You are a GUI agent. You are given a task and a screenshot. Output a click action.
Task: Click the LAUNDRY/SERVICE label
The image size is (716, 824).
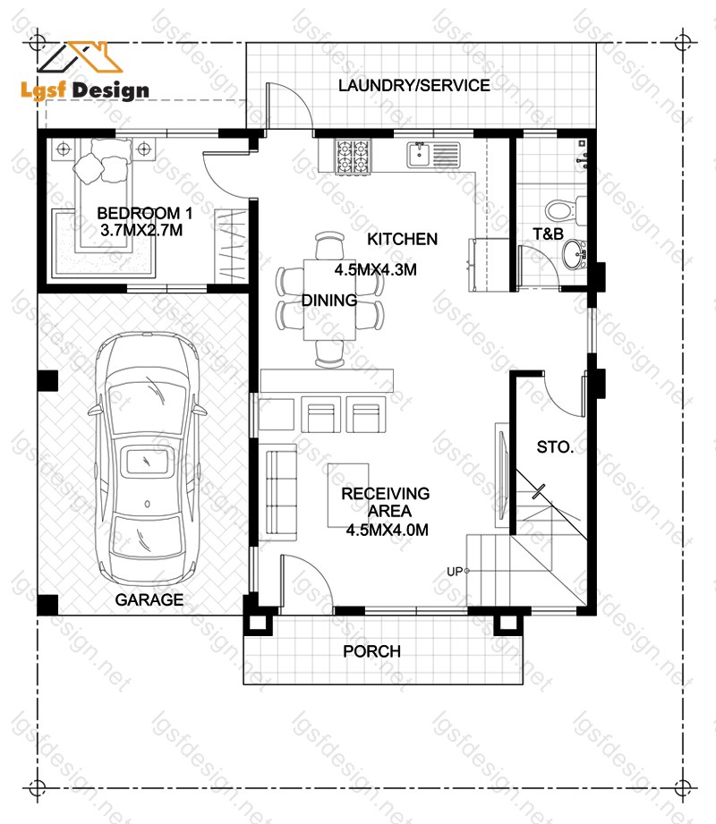tap(413, 85)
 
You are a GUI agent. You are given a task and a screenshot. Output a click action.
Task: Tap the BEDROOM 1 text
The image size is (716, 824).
tap(145, 213)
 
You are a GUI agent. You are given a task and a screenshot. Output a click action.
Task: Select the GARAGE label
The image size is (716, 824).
tap(149, 599)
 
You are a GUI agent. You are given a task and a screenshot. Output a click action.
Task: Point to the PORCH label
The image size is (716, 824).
tap(371, 651)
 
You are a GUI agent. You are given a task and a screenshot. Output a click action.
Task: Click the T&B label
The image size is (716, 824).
tap(548, 234)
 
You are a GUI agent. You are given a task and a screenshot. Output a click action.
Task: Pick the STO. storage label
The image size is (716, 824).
tap(555, 446)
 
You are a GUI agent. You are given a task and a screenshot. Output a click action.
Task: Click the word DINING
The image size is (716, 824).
tap(329, 300)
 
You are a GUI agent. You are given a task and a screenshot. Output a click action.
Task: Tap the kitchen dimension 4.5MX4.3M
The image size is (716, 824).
tap(375, 269)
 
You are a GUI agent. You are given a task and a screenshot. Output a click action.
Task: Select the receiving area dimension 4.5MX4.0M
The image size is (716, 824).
tap(387, 530)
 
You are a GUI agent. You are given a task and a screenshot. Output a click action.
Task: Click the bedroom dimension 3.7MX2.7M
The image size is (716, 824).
tap(141, 230)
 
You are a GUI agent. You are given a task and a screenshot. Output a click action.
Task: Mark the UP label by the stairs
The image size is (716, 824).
tap(454, 571)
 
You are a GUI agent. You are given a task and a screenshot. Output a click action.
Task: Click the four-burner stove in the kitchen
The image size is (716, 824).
tap(353, 157)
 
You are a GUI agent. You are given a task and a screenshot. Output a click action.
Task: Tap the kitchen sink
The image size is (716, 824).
tap(433, 155)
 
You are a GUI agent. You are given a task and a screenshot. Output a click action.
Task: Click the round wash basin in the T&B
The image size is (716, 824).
tap(574, 255)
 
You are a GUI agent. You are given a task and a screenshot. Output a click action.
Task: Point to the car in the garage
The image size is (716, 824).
tap(147, 458)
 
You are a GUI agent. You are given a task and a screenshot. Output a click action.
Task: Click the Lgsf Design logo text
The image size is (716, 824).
tap(85, 89)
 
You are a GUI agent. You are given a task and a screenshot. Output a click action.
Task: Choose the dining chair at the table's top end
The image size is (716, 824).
tap(330, 245)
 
